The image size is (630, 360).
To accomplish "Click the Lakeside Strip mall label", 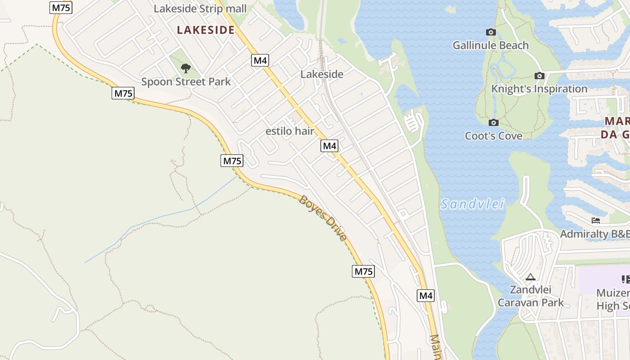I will pos(200,9).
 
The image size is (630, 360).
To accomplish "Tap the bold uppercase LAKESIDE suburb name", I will pos(206,30).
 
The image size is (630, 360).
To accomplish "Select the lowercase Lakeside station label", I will pos(322,74).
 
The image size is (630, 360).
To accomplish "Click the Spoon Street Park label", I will pos(186,82).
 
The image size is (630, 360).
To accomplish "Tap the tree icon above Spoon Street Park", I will pos(185,68).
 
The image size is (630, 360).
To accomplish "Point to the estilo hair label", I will pos(290,131).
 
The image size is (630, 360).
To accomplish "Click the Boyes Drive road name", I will pos(323,218).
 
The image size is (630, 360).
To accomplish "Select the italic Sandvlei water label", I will pos(472,204).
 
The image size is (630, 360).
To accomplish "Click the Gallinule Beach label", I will pos(490,45).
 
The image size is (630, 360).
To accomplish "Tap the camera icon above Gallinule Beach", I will pos(491,32).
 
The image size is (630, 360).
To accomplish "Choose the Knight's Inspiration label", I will pos(539,89).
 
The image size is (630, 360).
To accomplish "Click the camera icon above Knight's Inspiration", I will pos(539,76).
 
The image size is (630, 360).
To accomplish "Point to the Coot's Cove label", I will pos(494,136).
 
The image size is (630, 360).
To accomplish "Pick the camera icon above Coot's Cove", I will pos(494,122).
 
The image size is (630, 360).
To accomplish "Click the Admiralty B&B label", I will pos(594,234).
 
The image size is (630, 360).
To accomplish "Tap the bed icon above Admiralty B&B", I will pos(596,220).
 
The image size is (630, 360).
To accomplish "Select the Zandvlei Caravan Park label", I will pos(531,296).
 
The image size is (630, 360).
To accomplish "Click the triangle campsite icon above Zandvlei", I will pos(530,277).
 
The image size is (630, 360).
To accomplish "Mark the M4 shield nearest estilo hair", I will pos(329,146).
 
